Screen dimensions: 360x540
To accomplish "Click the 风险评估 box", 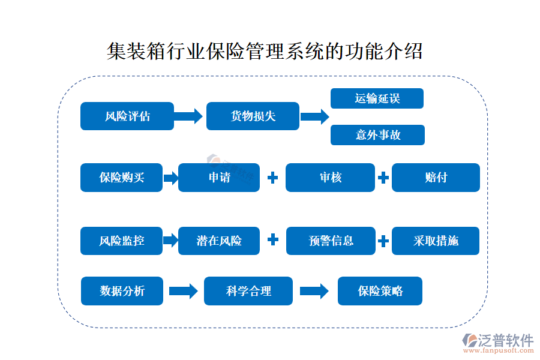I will click(x=127, y=116).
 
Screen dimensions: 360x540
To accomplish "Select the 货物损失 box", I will click(x=253, y=116).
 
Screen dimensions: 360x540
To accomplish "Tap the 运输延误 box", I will click(x=377, y=98).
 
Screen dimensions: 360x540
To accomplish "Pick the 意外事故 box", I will click(x=377, y=135).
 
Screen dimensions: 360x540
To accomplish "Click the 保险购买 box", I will click(x=121, y=178).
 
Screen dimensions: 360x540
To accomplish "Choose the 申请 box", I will click(x=219, y=178).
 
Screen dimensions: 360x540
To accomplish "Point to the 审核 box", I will click(x=330, y=178).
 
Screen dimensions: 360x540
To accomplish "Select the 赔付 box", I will click(x=436, y=178).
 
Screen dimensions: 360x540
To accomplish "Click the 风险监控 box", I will click(x=121, y=241).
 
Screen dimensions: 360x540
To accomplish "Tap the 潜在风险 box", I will click(x=219, y=241).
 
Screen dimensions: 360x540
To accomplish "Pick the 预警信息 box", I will click(x=330, y=241).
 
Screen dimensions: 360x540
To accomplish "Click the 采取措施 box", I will click(x=436, y=241).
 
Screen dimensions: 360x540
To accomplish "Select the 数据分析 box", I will click(x=122, y=291).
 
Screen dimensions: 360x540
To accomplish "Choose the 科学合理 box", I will click(x=248, y=291).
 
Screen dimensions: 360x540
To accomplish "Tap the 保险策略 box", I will click(x=380, y=291).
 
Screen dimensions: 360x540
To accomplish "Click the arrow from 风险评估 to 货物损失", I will click(x=189, y=116).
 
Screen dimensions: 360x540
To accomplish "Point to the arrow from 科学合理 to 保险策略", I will click(x=314, y=291).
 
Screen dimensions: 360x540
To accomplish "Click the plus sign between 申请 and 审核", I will click(x=272, y=178).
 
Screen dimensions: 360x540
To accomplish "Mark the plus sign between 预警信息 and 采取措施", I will click(x=383, y=241).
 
